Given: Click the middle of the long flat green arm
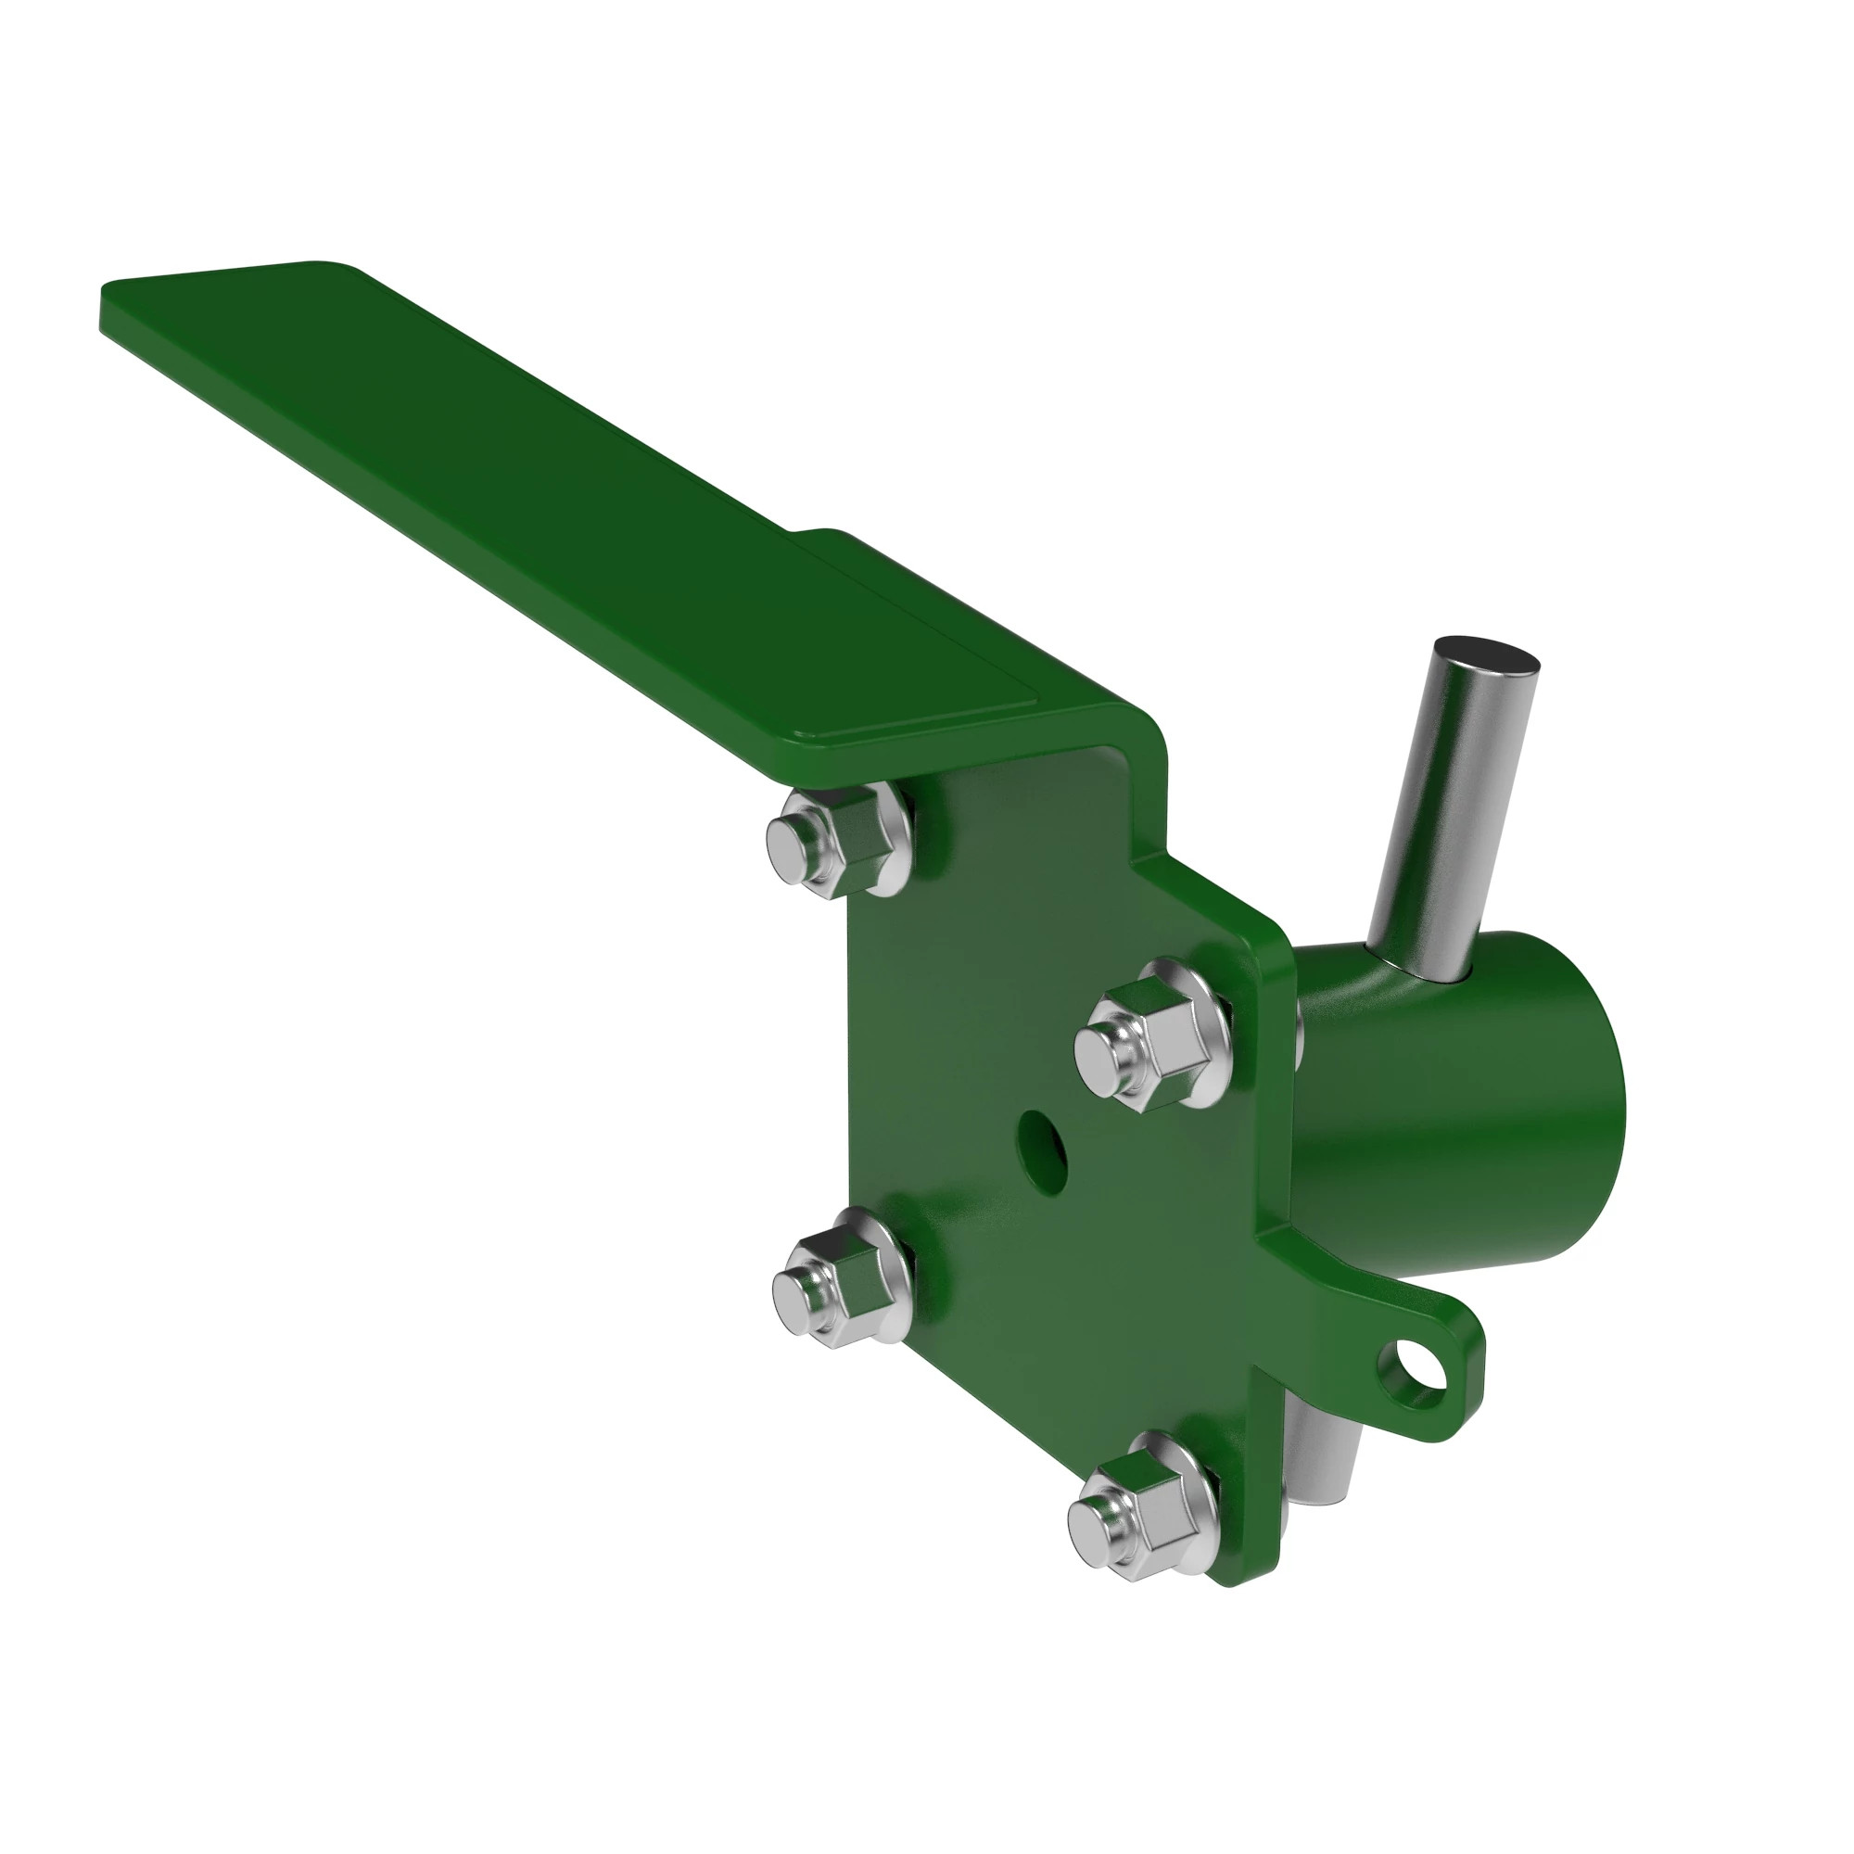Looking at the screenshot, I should point(538,499).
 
